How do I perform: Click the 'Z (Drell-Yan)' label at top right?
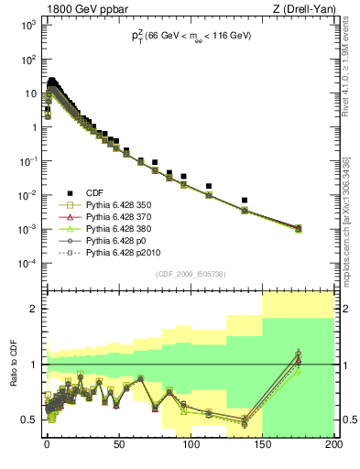point(300,8)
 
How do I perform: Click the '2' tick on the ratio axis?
point(34,309)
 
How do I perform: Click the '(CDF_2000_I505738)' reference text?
point(190,274)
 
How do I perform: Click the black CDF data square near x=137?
point(244,200)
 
